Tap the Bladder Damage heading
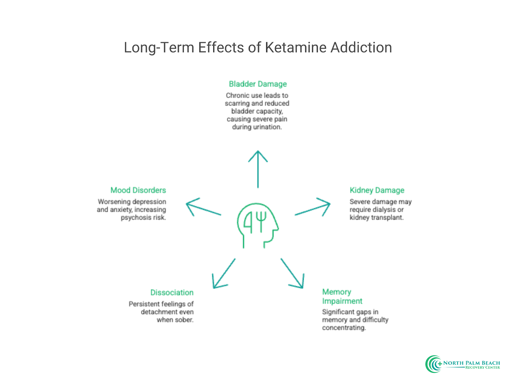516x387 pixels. tap(258, 84)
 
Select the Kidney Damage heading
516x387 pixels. tap(377, 190)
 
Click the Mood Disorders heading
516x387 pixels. tap(138, 190)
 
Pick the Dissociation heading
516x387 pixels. tap(172, 293)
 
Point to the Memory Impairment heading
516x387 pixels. tap(342, 296)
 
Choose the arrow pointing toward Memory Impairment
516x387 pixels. tap(292, 273)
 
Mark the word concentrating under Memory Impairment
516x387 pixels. tap(344, 328)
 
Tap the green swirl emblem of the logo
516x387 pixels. tap(433, 364)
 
